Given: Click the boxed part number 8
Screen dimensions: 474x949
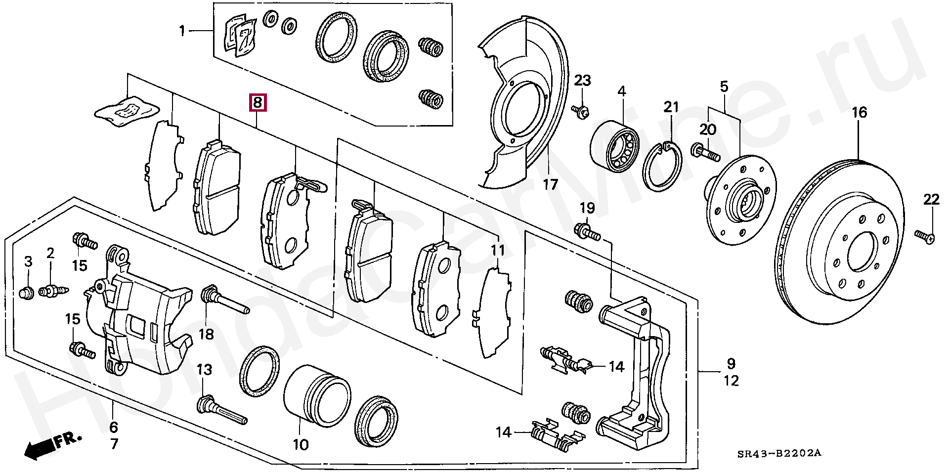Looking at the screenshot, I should coord(257,103).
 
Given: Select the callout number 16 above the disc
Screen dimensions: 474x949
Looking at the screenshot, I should coord(859,113).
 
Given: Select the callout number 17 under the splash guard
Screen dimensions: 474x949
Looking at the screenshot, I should coord(550,185).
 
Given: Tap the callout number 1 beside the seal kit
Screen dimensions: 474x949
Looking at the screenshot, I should coord(182,32).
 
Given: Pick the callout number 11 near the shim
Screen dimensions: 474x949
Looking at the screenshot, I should coord(498,250).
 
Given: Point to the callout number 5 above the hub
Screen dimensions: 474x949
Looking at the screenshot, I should coord(724,87).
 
